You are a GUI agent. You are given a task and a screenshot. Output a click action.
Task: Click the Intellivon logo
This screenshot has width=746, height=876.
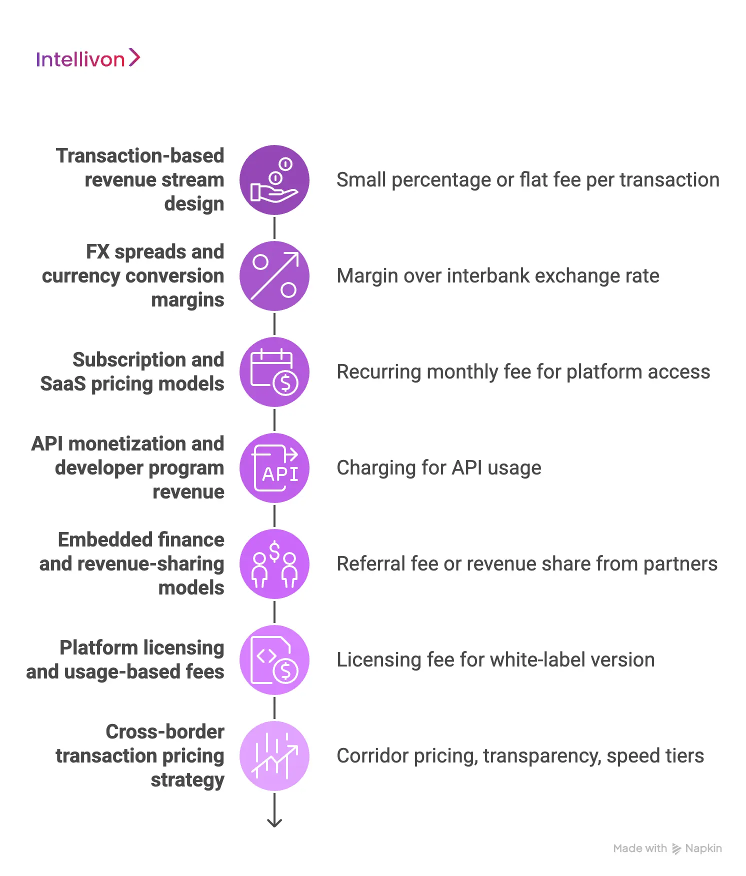(x=88, y=59)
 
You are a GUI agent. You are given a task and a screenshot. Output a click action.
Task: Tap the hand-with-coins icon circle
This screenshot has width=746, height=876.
(x=274, y=180)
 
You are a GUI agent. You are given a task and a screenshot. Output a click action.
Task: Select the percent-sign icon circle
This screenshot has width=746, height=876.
(x=274, y=276)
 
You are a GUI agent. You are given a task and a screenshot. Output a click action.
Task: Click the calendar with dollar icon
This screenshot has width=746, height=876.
(x=274, y=372)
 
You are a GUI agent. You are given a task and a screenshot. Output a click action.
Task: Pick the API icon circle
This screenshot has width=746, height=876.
(x=274, y=468)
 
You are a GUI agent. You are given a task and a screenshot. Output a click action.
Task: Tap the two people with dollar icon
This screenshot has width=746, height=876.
(x=274, y=564)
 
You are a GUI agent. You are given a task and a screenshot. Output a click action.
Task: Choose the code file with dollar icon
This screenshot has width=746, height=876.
(x=274, y=660)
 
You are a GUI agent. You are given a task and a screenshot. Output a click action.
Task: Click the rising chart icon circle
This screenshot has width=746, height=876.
(x=274, y=756)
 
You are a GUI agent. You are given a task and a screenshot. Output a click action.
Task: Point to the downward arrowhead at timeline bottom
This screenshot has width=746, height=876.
(x=274, y=822)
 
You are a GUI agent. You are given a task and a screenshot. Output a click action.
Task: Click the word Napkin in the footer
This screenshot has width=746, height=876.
(x=703, y=848)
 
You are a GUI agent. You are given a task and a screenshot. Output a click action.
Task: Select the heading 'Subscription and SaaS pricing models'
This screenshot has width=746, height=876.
(x=132, y=371)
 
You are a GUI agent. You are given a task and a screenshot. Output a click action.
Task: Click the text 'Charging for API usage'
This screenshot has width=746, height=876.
(x=438, y=468)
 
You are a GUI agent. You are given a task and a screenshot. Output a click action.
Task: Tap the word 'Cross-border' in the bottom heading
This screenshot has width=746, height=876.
(x=165, y=732)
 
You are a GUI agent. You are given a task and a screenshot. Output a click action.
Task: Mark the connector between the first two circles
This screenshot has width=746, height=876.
(x=274, y=228)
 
